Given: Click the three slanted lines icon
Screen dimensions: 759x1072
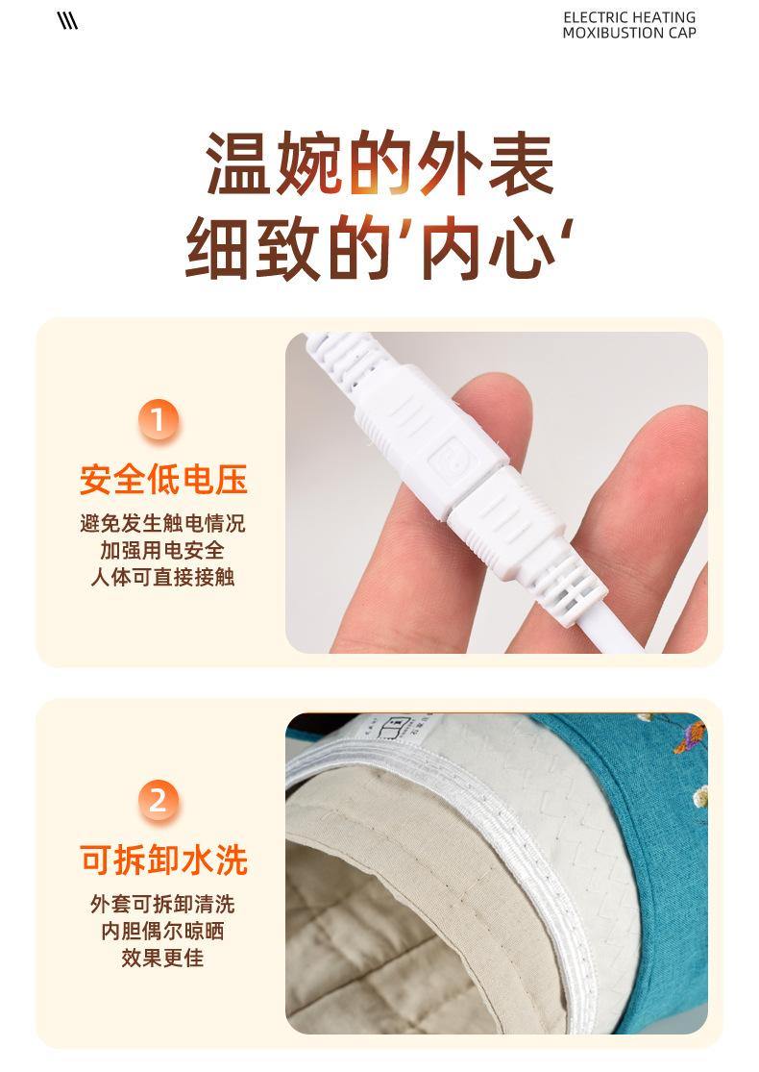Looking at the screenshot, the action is click(x=67, y=22).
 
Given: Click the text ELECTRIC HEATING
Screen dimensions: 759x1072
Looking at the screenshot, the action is click(x=629, y=17).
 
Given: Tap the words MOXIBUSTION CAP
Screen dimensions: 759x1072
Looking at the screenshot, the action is click(x=629, y=33).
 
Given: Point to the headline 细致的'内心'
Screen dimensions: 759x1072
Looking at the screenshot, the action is click(x=379, y=247).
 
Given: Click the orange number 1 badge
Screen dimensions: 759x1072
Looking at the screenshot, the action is click(x=158, y=421).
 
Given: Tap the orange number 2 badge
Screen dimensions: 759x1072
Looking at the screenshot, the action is click(x=158, y=800).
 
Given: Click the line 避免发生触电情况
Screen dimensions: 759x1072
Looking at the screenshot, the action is click(x=162, y=524).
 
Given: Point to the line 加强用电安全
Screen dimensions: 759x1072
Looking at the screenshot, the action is click(x=162, y=551).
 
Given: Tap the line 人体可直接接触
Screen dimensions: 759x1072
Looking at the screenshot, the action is click(x=162, y=577).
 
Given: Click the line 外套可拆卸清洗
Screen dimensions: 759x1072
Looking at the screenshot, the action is click(x=162, y=905).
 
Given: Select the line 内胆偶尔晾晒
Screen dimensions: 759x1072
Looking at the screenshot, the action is click(x=162, y=932).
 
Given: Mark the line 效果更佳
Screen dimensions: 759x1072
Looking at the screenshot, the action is click(x=162, y=958).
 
